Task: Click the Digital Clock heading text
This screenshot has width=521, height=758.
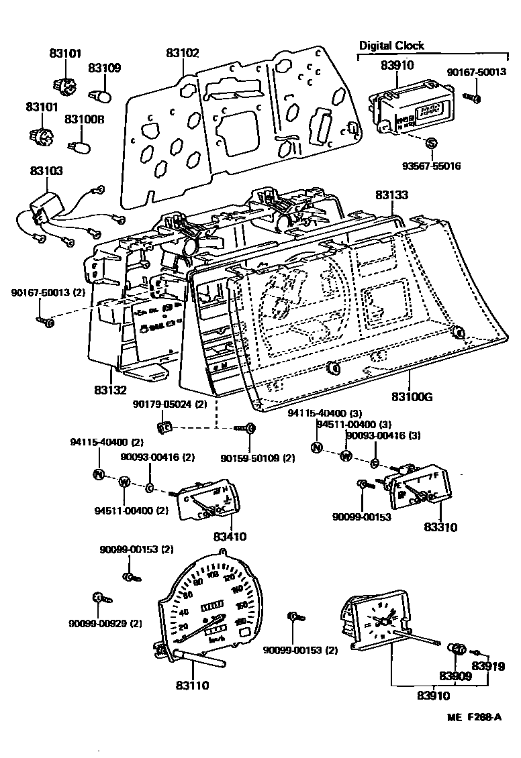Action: coord(391,46)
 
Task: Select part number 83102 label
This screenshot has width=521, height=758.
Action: coord(184,52)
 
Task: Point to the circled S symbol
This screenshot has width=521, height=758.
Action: coord(432,143)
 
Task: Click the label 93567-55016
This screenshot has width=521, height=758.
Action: coord(432,165)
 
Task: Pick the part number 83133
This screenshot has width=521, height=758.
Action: coord(391,195)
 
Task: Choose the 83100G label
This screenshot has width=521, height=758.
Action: coord(411,396)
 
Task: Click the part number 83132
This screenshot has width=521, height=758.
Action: coord(111,388)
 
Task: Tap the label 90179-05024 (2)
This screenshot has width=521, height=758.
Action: coord(170,404)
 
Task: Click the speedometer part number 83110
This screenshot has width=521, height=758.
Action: coord(193,686)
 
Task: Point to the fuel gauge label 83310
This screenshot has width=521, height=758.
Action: coord(440,527)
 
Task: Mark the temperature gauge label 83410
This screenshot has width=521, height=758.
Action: coord(230,536)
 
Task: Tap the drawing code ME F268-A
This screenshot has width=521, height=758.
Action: coord(474,718)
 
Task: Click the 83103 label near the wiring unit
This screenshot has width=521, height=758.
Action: coord(46,172)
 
